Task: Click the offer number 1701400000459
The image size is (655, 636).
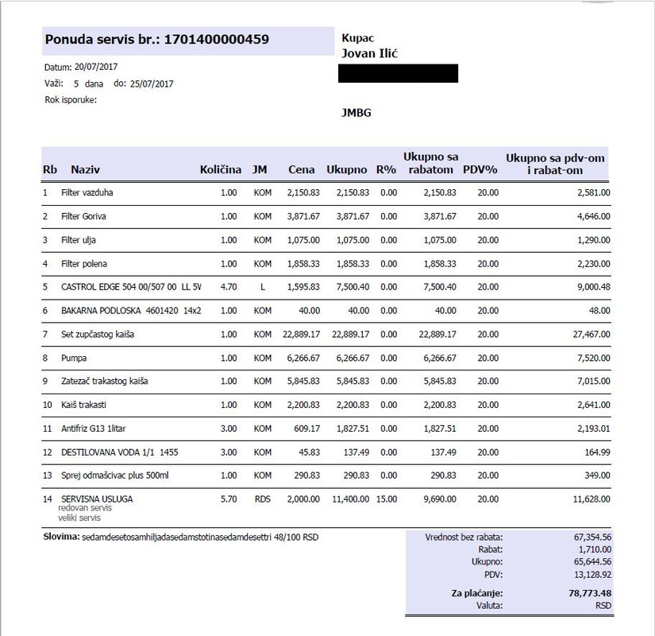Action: pyautogui.click(x=216, y=39)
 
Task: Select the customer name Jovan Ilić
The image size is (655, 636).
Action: pyautogui.click(x=376, y=53)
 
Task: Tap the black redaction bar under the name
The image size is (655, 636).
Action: pyautogui.click(x=398, y=74)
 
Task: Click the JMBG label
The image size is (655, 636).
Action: pyautogui.click(x=356, y=113)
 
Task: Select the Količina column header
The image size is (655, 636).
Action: pyautogui.click(x=220, y=170)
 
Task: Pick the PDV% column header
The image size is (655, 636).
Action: pyautogui.click(x=480, y=170)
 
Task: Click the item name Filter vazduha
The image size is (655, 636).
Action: pyautogui.click(x=93, y=192)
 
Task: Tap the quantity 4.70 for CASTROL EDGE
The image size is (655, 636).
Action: pyautogui.click(x=229, y=287)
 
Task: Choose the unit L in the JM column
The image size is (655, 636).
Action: pyautogui.click(x=261, y=287)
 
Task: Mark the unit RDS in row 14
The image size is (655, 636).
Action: pyautogui.click(x=261, y=499)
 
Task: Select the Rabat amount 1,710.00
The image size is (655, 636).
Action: pyautogui.click(x=591, y=549)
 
